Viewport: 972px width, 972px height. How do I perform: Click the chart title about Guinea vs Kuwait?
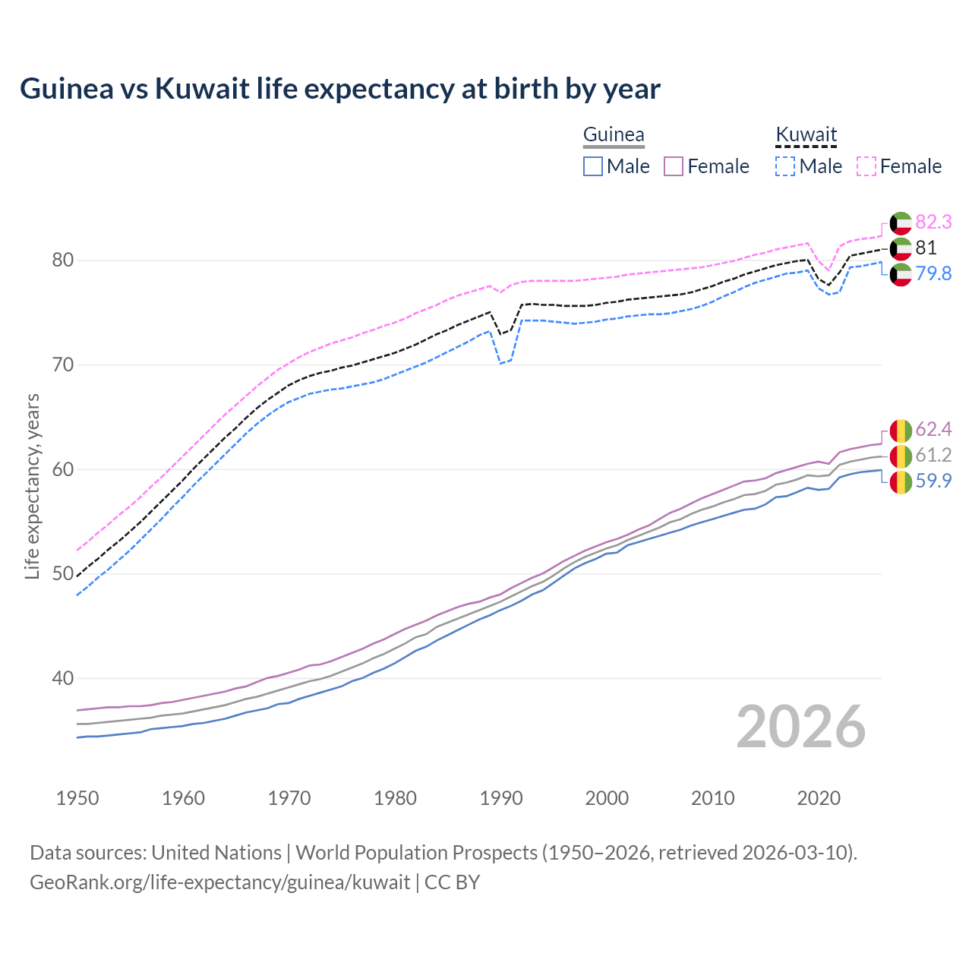pos(339,89)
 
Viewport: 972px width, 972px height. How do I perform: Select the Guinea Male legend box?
pos(593,166)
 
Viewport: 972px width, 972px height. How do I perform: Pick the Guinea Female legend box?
pos(674,166)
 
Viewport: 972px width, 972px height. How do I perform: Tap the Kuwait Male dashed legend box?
pos(785,166)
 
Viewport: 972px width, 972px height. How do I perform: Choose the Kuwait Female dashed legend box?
pos(866,166)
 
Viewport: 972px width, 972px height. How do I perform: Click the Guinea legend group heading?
pos(614,135)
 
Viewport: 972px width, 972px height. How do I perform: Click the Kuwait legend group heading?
pos(806,135)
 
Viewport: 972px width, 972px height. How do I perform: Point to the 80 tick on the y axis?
pos(63,260)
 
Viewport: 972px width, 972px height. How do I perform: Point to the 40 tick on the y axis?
pos(63,678)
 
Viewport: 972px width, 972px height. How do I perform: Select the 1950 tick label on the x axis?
pos(77,798)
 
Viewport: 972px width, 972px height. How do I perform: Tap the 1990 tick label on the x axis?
pos(501,798)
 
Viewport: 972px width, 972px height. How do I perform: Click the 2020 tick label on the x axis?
pos(819,798)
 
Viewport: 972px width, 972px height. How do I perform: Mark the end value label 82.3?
pos(933,222)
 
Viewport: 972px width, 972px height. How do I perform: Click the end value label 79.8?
pos(933,273)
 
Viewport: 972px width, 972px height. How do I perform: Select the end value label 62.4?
pos(933,430)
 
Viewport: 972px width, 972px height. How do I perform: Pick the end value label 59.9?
pos(933,481)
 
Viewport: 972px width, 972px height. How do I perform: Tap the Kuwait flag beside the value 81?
pos(901,248)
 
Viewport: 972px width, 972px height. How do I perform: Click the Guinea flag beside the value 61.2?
pos(901,456)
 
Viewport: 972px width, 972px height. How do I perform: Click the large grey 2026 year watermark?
pos(801,727)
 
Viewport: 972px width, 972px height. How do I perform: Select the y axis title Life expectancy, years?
pos(33,486)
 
